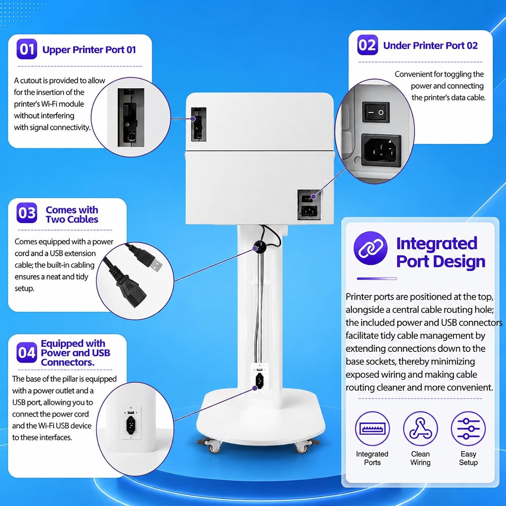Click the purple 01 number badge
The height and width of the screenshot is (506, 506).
click(x=27, y=49)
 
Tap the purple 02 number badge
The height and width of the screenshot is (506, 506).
click(x=367, y=45)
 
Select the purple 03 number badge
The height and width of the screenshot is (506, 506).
click(x=27, y=213)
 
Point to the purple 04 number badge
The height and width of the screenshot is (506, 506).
click(x=27, y=353)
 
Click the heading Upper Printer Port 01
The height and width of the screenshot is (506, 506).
click(x=89, y=50)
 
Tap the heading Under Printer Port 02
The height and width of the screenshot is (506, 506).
click(x=430, y=46)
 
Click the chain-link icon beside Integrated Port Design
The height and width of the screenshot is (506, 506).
click(x=370, y=248)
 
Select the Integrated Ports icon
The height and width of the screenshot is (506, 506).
click(x=372, y=429)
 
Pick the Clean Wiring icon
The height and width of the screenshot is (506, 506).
click(x=420, y=429)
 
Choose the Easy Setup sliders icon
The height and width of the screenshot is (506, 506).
click(x=468, y=429)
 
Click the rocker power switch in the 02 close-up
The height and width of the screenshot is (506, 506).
click(x=376, y=112)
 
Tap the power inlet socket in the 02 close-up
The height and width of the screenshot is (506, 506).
click(x=381, y=150)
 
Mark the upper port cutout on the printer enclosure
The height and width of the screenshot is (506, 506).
click(x=199, y=124)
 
